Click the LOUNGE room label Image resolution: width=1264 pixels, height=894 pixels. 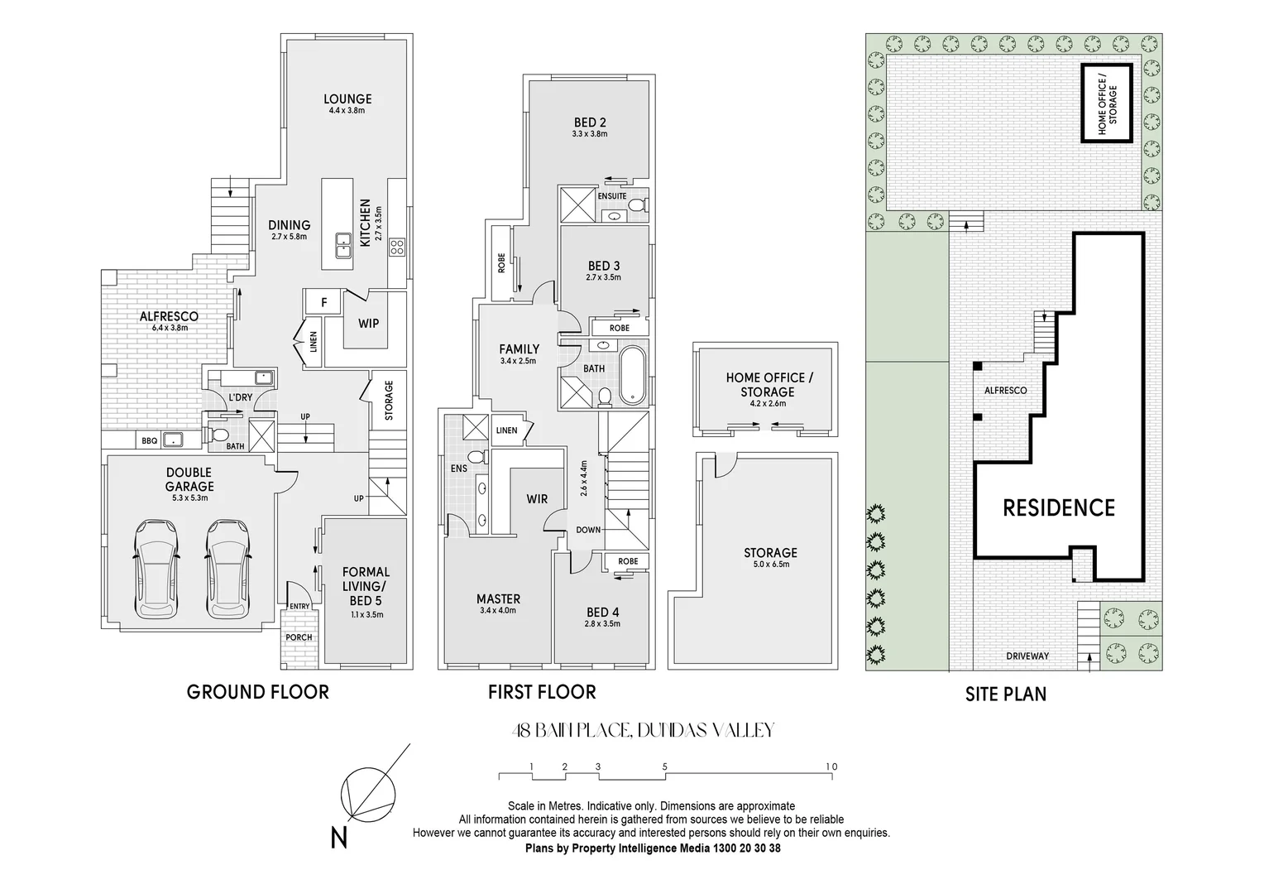(x=347, y=99)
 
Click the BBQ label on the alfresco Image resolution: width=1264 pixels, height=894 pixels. (x=149, y=441)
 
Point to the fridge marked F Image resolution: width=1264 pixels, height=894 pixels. (x=324, y=302)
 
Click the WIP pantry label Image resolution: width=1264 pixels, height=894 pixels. (x=368, y=323)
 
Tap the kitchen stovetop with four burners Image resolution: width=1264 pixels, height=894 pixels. (x=396, y=245)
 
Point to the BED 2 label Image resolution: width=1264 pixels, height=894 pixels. (x=590, y=123)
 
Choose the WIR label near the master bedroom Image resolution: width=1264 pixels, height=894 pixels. (x=537, y=498)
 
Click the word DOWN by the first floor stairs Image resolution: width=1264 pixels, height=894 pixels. (x=589, y=530)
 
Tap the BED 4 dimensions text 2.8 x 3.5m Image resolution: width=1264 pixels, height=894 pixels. (x=601, y=624)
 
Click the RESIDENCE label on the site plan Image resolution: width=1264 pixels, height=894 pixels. (x=1059, y=507)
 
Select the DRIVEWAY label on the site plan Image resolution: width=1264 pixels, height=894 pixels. (x=1027, y=656)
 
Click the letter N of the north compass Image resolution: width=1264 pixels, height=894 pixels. (x=338, y=839)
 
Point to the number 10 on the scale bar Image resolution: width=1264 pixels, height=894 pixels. (x=831, y=767)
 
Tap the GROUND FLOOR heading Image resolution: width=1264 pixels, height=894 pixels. (x=258, y=692)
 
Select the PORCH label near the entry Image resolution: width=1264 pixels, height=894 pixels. (x=299, y=637)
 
